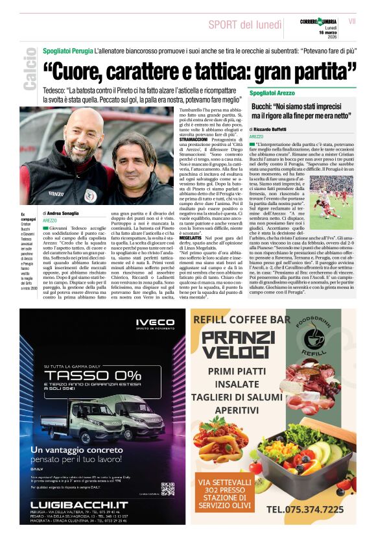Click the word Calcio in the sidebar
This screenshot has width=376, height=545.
tap(29, 75)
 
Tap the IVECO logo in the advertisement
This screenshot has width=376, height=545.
tap(154, 325)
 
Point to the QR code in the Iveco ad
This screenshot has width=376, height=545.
tap(167, 488)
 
